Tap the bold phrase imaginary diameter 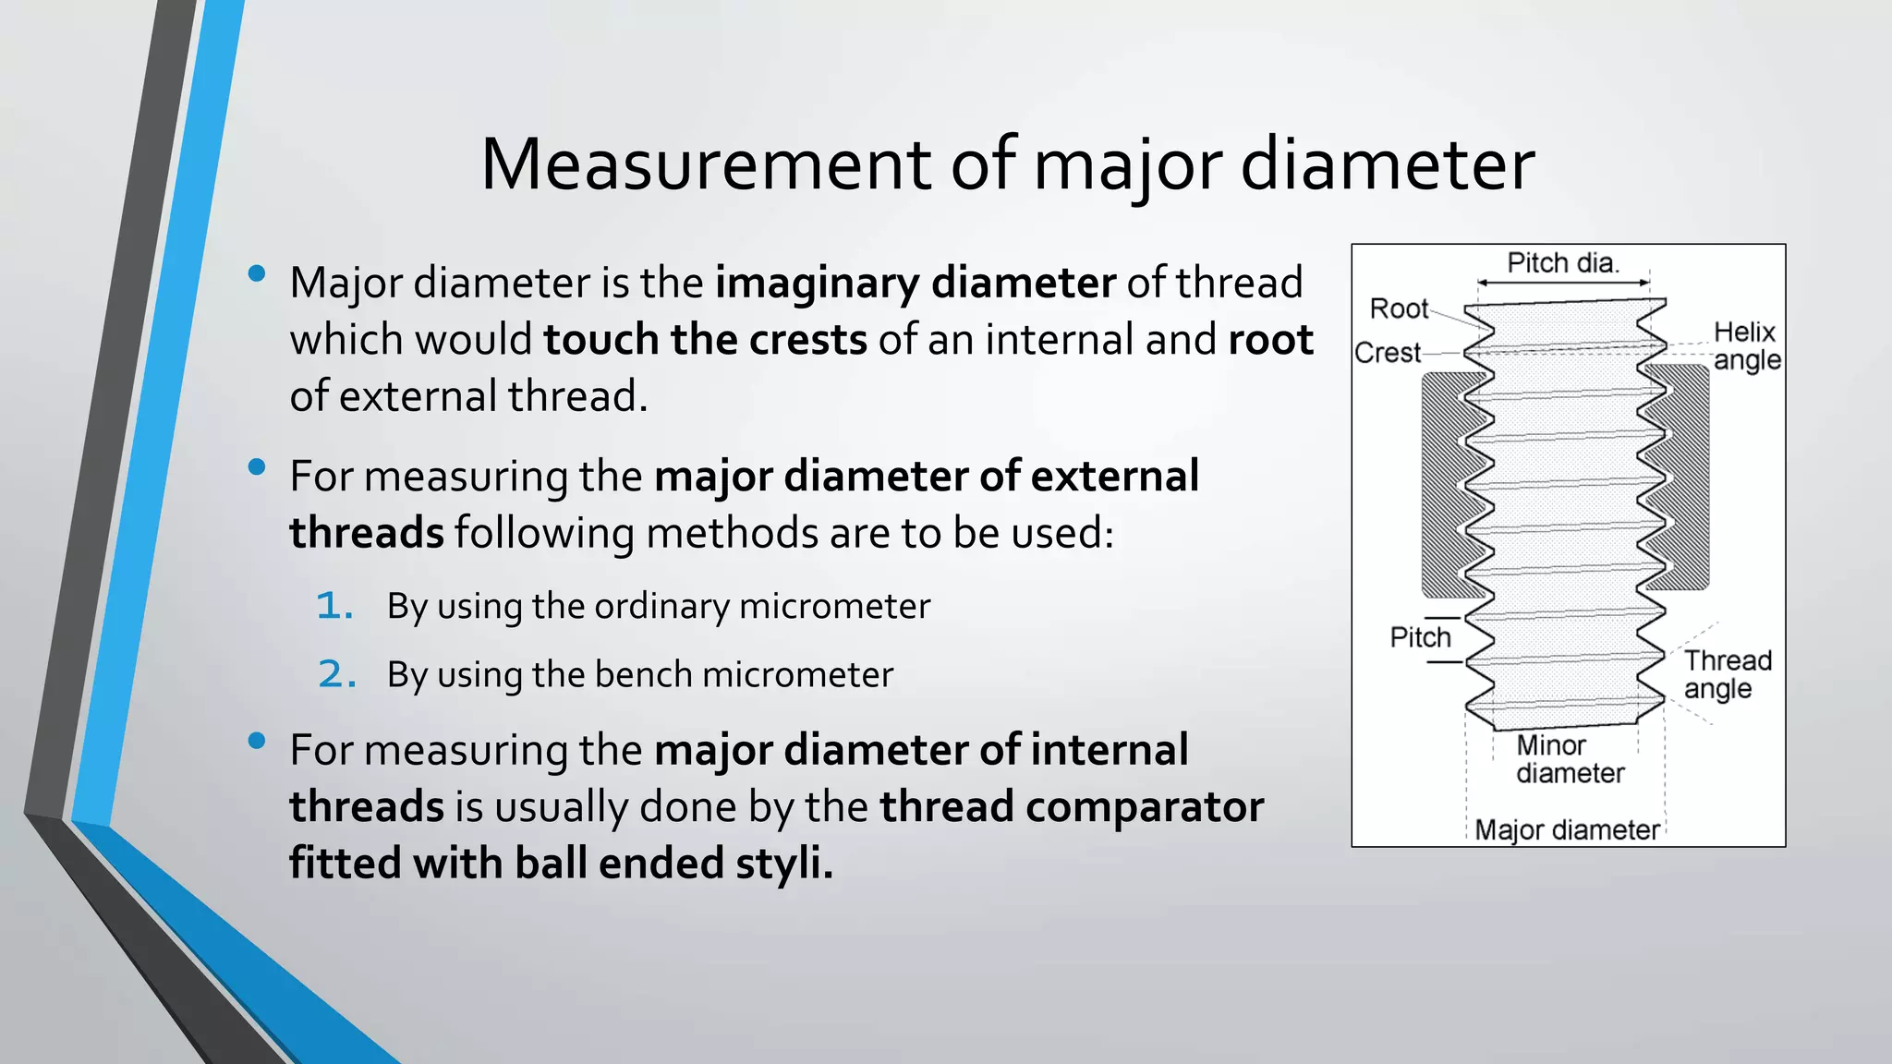point(915,283)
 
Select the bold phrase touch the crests point(705,340)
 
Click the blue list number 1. point(334,607)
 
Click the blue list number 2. point(336,675)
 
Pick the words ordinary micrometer point(762,607)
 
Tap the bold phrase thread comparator point(1071,806)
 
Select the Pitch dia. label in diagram point(1562,263)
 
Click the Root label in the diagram point(1399,308)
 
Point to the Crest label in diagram point(1387,353)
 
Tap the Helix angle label point(1745,346)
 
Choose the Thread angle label point(1727,674)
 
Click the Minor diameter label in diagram point(1570,759)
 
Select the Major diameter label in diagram point(1567,829)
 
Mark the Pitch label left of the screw point(1420,637)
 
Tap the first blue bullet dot point(258,273)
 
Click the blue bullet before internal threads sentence point(258,741)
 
